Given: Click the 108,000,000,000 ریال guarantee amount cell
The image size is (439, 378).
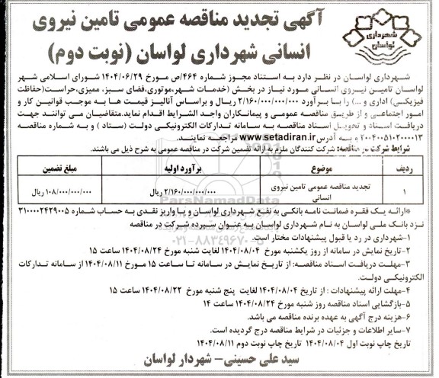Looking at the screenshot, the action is click(69, 192).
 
